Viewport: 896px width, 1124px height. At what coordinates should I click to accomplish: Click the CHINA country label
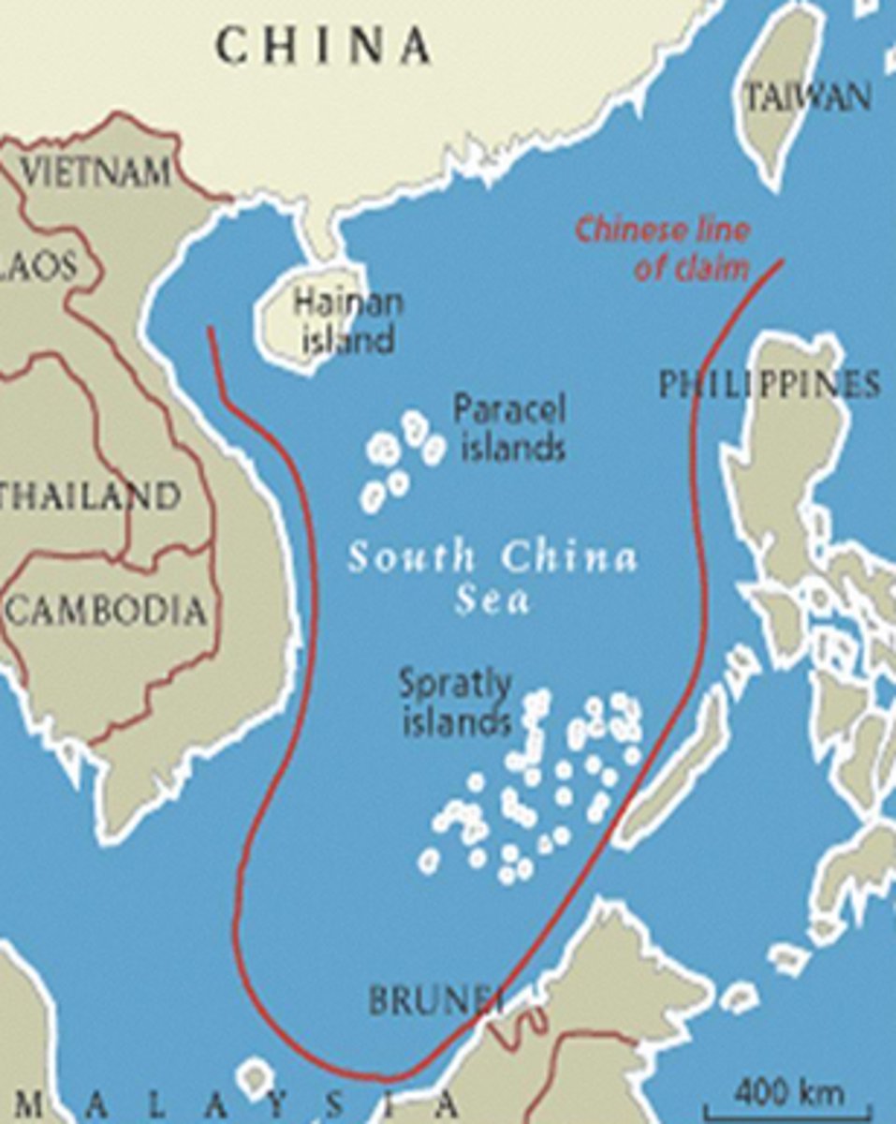(323, 45)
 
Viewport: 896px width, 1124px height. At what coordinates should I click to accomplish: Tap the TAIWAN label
(808, 96)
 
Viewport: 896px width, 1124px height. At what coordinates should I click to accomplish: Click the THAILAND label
(89, 495)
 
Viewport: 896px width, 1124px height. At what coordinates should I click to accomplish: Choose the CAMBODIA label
(106, 612)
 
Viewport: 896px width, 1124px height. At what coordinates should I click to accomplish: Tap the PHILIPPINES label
(768, 384)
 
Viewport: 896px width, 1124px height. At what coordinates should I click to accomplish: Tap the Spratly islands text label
(456, 702)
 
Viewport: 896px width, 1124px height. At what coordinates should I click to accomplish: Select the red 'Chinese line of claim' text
(662, 248)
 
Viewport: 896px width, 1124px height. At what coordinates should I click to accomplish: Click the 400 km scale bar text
(788, 1091)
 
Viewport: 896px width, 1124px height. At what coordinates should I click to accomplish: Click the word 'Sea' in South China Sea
(492, 599)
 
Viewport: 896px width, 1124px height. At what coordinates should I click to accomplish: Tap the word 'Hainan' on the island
(347, 303)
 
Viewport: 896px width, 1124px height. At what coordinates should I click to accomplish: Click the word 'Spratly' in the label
(456, 684)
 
